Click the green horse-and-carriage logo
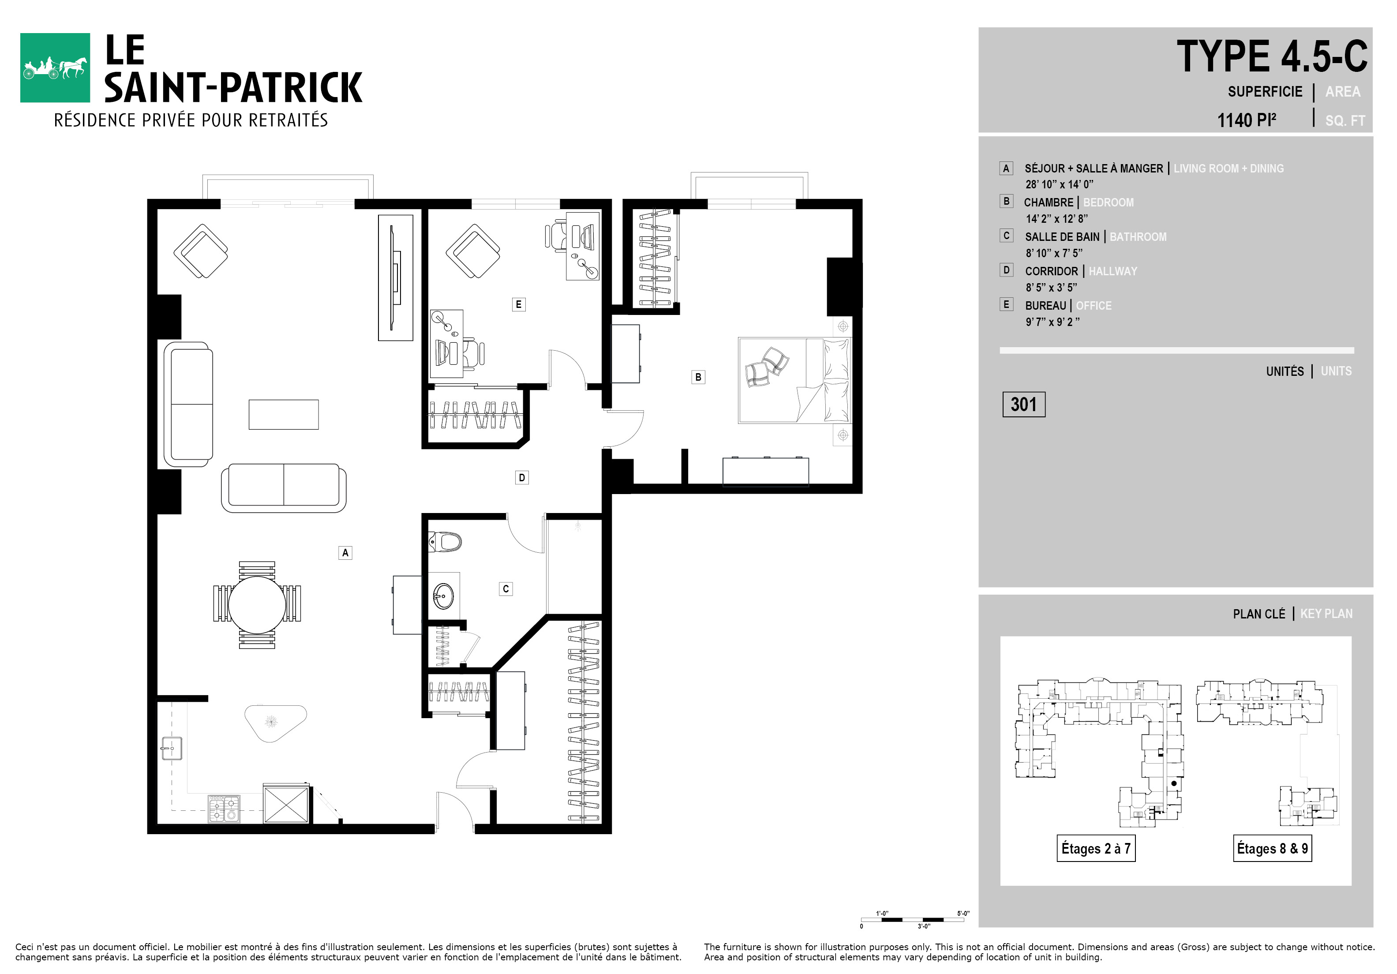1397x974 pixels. click(55, 67)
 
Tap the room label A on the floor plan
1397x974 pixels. click(345, 552)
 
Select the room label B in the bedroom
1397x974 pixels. click(698, 377)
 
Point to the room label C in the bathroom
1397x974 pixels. click(506, 589)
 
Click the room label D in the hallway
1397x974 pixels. click(521, 478)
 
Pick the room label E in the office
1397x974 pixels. click(518, 304)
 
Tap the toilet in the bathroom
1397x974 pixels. click(445, 541)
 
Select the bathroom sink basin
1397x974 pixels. click(443, 596)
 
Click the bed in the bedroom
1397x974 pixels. click(794, 380)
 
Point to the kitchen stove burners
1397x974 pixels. click(224, 809)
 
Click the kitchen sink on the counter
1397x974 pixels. click(171, 748)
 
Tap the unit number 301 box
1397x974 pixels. click(1023, 405)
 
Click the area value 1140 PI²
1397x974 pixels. click(1246, 120)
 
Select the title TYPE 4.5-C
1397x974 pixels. click(1272, 56)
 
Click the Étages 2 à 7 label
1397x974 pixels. click(1096, 849)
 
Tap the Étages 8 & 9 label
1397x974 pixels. click(1272, 849)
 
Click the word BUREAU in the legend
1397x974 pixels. click(1045, 305)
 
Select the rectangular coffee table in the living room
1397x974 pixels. click(284, 414)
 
